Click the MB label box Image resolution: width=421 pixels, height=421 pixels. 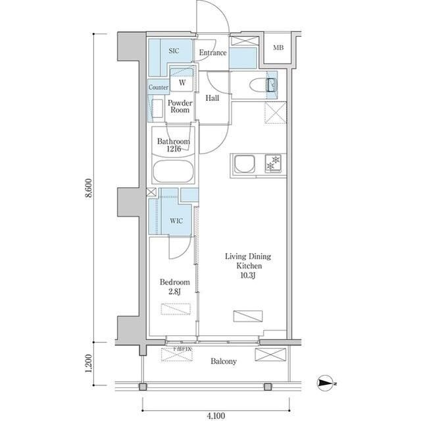(x=279, y=48)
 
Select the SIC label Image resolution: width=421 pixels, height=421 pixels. (x=174, y=50)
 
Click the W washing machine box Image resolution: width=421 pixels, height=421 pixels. (x=182, y=82)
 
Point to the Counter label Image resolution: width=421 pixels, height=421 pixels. (x=159, y=87)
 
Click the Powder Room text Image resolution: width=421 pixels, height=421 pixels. (x=180, y=107)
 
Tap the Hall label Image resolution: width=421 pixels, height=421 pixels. (x=212, y=98)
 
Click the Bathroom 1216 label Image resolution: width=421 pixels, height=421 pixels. (x=174, y=146)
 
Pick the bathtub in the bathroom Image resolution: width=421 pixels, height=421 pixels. (x=173, y=173)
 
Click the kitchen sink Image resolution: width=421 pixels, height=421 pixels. (x=245, y=163)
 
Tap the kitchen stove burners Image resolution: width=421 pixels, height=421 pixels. (x=273, y=163)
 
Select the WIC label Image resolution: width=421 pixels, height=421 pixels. (x=176, y=221)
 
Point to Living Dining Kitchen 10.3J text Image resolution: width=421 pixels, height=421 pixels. (x=249, y=266)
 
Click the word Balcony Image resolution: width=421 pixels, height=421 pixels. (x=224, y=362)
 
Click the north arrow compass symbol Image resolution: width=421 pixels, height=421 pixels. (x=326, y=383)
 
